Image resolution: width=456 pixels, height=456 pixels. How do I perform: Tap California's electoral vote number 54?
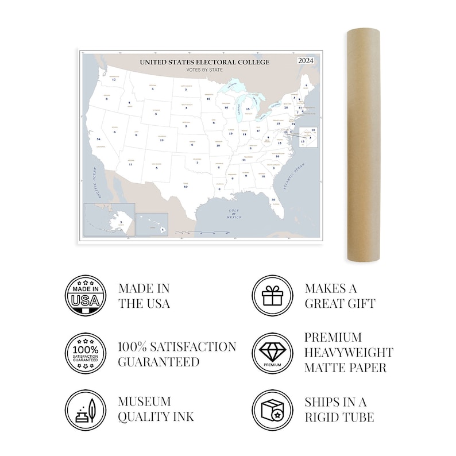pyautogui.click(x=99, y=140)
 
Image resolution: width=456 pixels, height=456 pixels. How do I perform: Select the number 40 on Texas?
pyautogui.click(x=185, y=187)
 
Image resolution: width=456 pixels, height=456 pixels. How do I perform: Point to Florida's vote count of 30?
pyautogui.click(x=273, y=199)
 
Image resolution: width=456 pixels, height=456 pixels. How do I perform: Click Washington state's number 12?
pyautogui.click(x=114, y=79)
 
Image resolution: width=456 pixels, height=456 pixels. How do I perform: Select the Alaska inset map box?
pyautogui.click(x=109, y=219)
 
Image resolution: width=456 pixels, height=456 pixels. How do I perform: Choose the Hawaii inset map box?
pyautogui.click(x=152, y=225)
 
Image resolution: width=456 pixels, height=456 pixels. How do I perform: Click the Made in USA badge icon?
pyautogui.click(x=86, y=295)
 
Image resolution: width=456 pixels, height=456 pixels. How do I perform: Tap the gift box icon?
pyautogui.click(x=272, y=295)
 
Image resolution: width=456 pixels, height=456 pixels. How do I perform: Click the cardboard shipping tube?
pyautogui.click(x=362, y=146)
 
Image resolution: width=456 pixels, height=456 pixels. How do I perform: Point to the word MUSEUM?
pyautogui.click(x=145, y=401)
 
